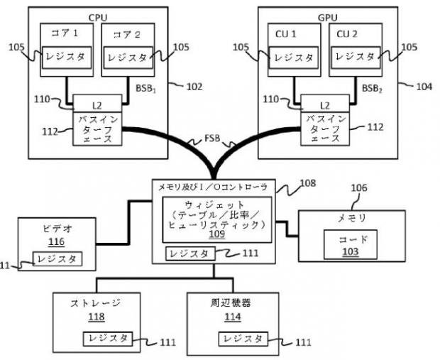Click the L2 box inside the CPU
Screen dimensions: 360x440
tap(98, 104)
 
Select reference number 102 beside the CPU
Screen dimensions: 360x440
tap(193, 87)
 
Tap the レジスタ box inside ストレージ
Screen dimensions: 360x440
tap(106, 338)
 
